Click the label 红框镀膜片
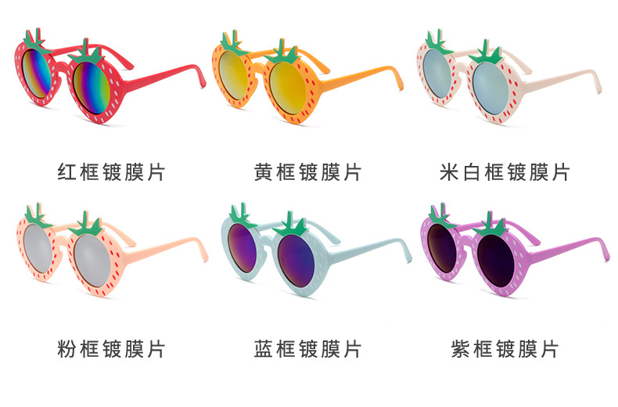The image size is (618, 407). point(112,172)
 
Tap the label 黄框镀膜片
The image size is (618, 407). point(308,172)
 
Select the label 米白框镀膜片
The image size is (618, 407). point(505,172)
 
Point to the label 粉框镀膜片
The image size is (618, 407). point(112,349)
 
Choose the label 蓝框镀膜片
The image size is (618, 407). point(308,349)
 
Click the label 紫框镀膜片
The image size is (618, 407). point(505,349)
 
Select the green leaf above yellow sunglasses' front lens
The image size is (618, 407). point(282,52)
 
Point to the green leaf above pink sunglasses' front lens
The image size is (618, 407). point(86,225)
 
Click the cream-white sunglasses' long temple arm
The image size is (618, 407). point(562,81)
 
